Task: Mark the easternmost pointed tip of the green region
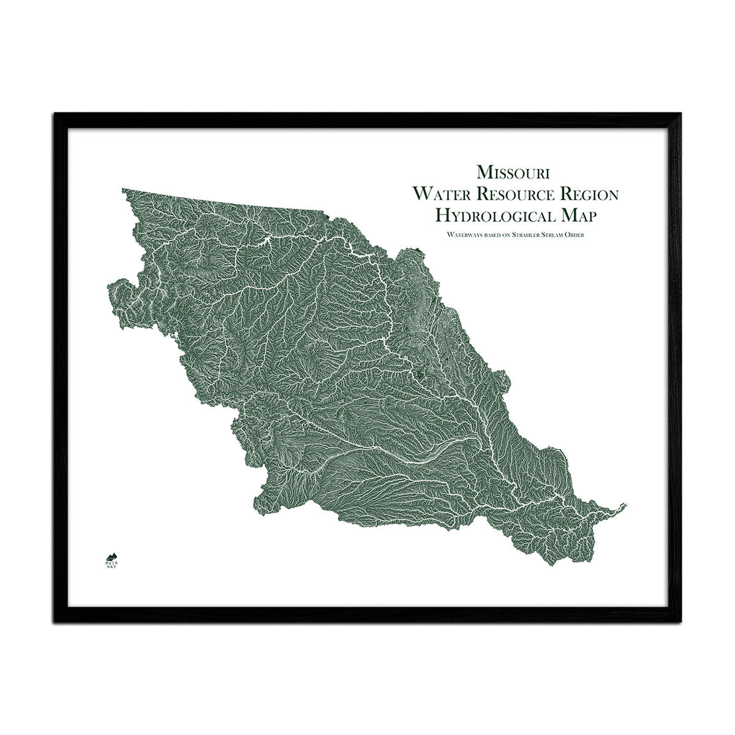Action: tap(627, 504)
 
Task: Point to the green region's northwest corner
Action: tap(123, 190)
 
